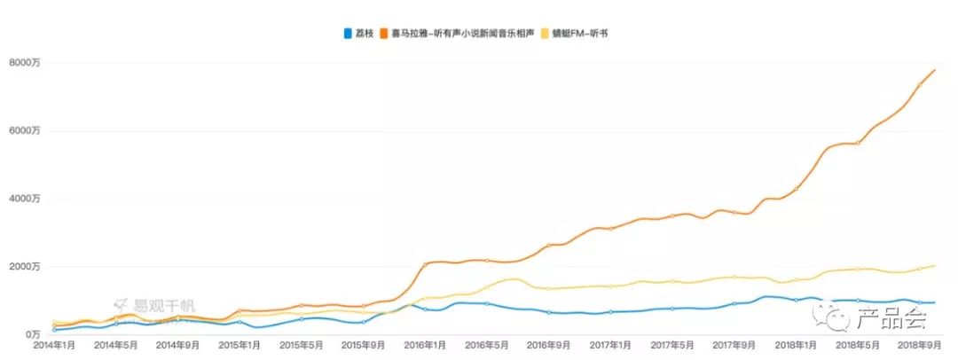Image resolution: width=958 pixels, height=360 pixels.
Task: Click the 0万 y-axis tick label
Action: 34,334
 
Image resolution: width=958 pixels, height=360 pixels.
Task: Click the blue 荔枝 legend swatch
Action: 347,34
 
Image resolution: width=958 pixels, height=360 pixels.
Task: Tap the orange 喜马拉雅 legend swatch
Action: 383,34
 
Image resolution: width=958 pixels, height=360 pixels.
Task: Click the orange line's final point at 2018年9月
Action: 936,69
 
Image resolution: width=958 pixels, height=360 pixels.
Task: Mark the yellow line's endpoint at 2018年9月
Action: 936,265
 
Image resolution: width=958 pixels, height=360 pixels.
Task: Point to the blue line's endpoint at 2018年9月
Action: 936,303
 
